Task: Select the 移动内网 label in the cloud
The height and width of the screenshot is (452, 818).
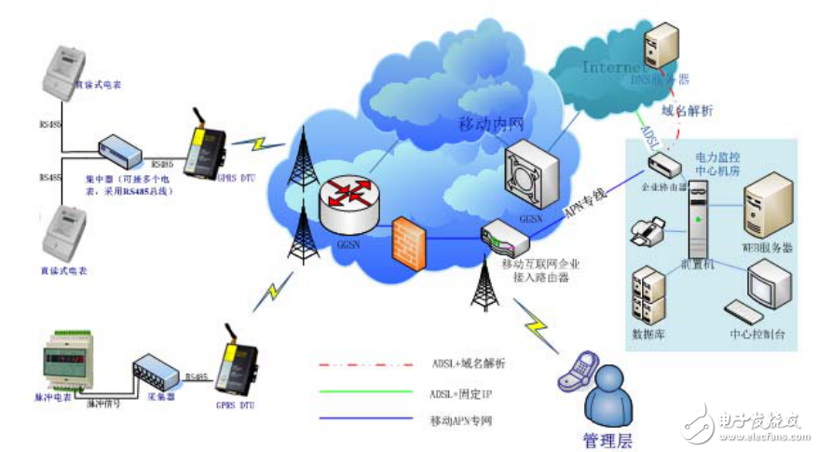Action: point(487,124)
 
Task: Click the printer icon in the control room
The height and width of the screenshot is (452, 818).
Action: point(646,229)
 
